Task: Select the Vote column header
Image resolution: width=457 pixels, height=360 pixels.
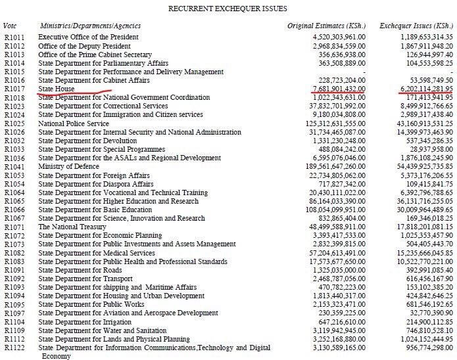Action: click(11, 26)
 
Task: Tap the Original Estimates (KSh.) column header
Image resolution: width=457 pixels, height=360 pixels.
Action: click(326, 26)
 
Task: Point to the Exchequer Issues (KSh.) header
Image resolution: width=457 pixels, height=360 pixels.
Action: click(418, 26)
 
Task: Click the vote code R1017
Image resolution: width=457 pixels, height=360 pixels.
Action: click(14, 88)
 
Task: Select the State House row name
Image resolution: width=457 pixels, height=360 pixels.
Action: click(57, 88)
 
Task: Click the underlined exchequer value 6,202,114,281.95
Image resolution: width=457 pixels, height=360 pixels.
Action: click(423, 88)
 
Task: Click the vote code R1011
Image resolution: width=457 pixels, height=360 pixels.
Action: click(14, 37)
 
